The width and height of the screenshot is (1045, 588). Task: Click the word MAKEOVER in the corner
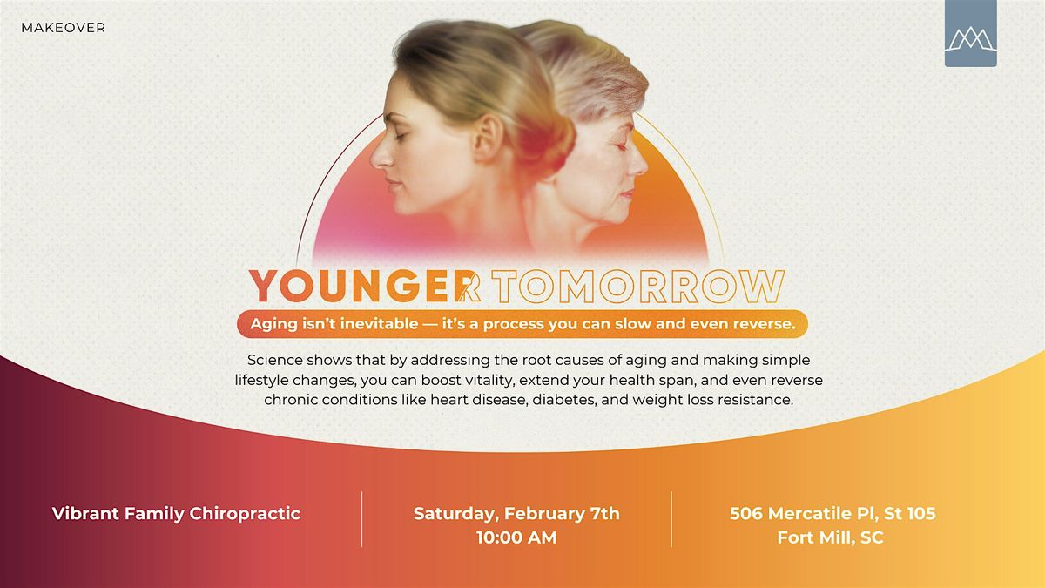point(63,28)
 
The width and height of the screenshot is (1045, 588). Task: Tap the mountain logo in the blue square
point(971,38)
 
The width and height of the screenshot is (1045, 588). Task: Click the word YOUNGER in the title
point(359,286)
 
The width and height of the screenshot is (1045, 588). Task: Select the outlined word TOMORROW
point(638,286)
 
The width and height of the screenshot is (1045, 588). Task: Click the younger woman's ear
point(488,138)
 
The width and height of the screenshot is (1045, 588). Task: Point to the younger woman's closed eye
point(400,136)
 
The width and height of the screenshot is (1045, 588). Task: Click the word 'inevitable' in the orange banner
point(379,323)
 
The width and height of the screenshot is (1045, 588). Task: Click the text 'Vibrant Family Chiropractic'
point(176,513)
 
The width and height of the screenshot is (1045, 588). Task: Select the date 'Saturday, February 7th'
point(516,514)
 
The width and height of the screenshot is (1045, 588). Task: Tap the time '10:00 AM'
point(516,537)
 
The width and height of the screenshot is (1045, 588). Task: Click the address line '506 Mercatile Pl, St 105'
point(833,513)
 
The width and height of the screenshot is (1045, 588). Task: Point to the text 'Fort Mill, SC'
point(831,537)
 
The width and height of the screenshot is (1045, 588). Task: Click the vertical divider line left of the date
point(361,519)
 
